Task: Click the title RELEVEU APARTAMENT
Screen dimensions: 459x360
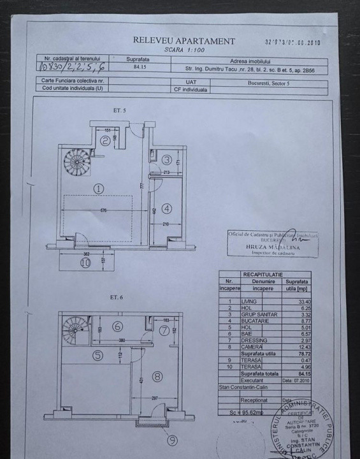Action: pos(184,40)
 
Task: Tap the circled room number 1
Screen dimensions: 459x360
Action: pos(98,189)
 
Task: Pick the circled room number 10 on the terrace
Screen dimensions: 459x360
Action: pos(68,261)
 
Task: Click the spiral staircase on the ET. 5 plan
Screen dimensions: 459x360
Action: pos(78,163)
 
